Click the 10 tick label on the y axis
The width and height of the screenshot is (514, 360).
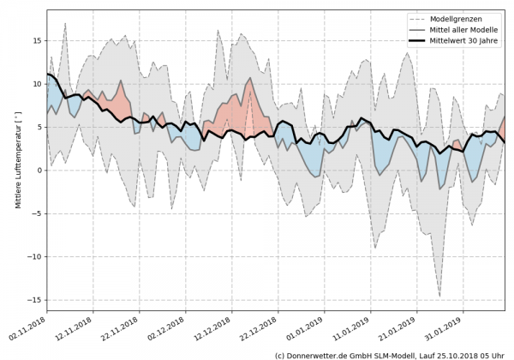(x=39, y=84)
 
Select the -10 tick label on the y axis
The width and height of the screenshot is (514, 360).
(x=36, y=257)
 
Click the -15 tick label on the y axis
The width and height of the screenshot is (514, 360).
(x=36, y=300)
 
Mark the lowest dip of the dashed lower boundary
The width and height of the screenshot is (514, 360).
(x=440, y=297)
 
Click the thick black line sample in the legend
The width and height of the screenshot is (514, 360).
(x=416, y=40)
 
